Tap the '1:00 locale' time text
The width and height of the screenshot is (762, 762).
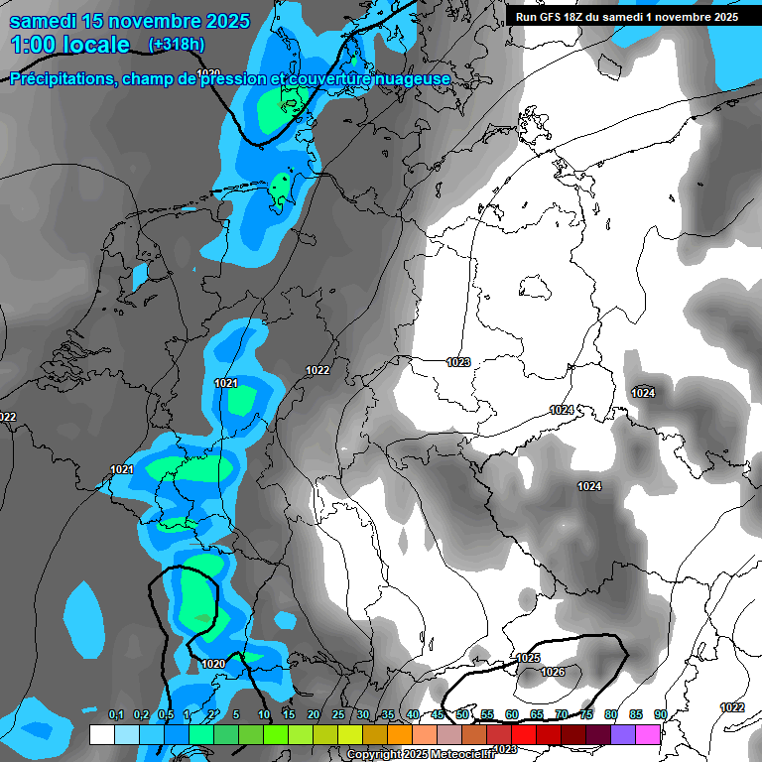tap(69, 45)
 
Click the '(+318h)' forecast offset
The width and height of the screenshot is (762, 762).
tap(176, 45)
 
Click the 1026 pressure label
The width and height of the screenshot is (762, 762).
tap(553, 673)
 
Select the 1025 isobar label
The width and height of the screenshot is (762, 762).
tap(528, 658)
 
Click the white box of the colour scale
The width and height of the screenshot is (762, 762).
tap(101, 734)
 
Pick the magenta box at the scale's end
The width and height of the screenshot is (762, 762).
tap(648, 734)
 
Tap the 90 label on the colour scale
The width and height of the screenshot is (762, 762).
tap(660, 715)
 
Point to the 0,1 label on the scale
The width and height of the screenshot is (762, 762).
tap(115, 715)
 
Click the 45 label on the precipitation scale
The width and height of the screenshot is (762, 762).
tap(437, 715)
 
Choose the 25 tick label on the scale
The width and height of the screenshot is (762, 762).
tap(337, 715)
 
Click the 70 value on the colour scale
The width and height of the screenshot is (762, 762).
tap(561, 715)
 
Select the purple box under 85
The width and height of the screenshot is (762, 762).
tap(623, 734)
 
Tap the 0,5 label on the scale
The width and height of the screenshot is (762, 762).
tap(165, 715)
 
